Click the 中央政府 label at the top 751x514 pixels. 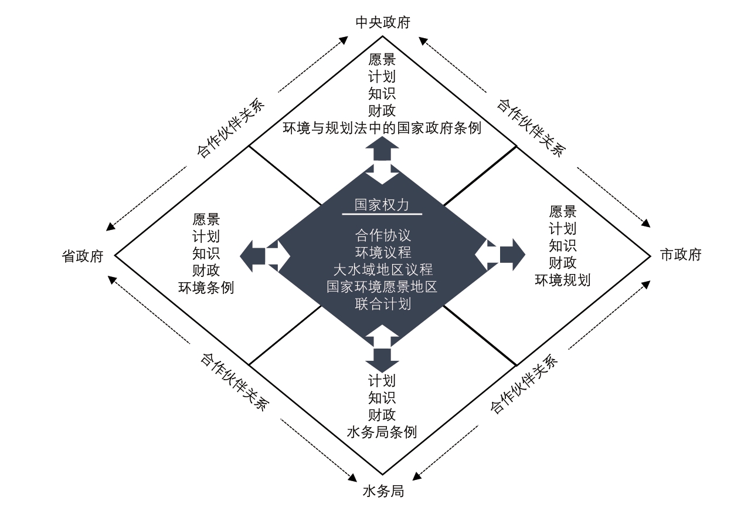pos(383,22)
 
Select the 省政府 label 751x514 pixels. pos(83,256)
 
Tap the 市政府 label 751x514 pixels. pos(681,255)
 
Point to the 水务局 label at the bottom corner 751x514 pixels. pos(383,491)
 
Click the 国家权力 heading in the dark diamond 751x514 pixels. pos(382,205)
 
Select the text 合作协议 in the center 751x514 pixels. pos(383,235)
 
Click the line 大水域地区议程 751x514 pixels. pos(383,269)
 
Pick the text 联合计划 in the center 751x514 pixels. pos(383,304)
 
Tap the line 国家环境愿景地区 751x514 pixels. pos(382,287)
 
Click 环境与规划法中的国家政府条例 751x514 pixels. pos(382,128)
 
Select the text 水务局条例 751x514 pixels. pos(382,432)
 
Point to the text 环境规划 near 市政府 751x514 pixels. pos(563,280)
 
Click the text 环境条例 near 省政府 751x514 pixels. pos(206,288)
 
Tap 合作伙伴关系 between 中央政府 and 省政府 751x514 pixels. pos(231,128)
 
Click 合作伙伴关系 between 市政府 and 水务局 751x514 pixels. pos(524,384)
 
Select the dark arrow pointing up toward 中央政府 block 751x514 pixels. pos(382,148)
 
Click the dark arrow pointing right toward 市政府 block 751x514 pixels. pos(512,255)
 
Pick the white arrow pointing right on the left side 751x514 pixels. pos(278,256)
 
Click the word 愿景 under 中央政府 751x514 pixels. pos(382,59)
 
